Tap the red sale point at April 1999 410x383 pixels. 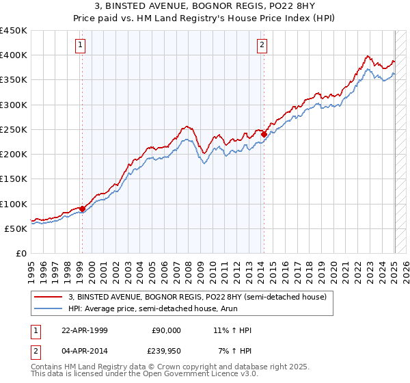pos(82,209)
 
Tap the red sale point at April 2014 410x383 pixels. pos(264,134)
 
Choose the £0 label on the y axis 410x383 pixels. pos(21,253)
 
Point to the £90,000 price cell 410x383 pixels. pos(166,330)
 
